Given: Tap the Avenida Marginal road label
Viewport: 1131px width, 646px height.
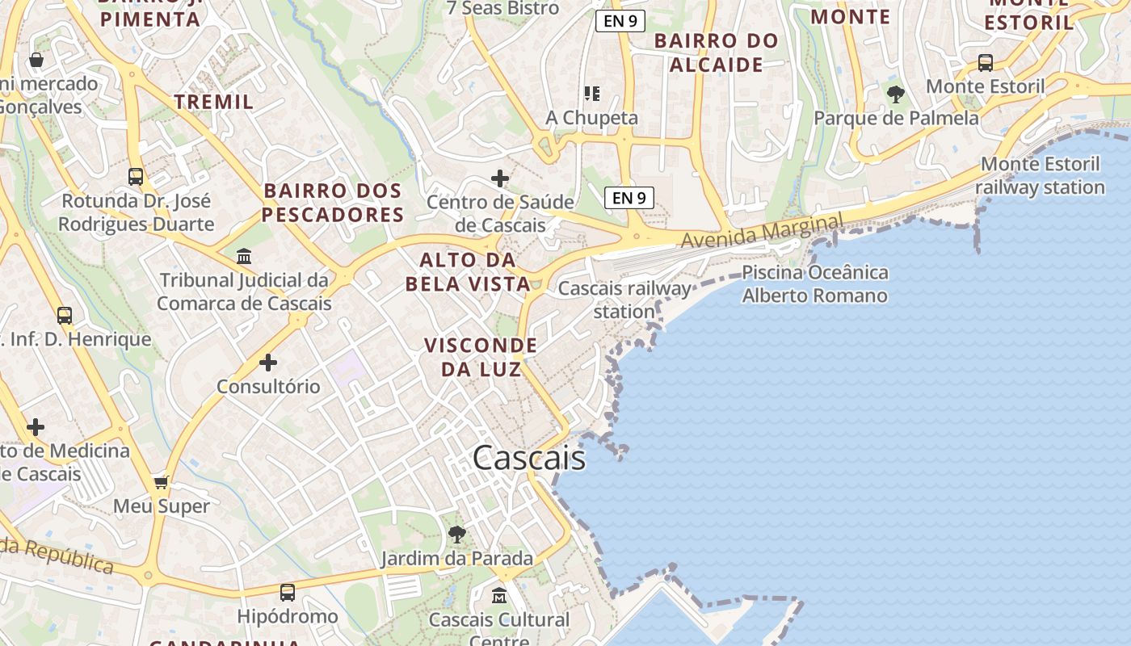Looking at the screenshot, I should pos(762,230).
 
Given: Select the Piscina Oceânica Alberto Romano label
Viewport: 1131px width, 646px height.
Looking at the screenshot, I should pos(814,283).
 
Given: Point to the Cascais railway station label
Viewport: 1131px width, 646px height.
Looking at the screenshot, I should pos(624,300).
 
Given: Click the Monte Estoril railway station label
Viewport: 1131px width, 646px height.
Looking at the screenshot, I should pos(1040,176).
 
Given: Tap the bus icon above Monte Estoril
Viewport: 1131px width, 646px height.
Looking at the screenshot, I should pos(985,62).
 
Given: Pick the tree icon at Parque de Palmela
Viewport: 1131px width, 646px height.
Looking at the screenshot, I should pos(895,94).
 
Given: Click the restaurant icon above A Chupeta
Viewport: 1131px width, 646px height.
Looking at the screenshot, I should pos(592,94).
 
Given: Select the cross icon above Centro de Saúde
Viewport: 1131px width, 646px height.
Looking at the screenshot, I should pos(500,178).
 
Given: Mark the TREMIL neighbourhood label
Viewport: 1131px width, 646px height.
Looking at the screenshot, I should pos(214,102).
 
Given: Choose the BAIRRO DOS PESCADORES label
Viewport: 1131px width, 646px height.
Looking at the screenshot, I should pos(332,203).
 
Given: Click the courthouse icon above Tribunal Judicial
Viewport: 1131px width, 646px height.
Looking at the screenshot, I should pos(243,257).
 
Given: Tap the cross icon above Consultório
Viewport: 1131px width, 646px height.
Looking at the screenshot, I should pos(268,363).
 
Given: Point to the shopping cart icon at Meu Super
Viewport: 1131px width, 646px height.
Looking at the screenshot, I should pos(162,482).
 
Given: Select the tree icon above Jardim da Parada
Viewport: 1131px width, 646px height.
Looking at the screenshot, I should pos(457,534).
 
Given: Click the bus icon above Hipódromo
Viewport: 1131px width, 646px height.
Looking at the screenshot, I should pos(287,593).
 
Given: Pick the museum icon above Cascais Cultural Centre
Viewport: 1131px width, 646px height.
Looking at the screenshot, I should pos(499,596).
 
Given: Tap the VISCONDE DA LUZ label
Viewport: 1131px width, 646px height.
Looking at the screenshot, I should pos(481,357).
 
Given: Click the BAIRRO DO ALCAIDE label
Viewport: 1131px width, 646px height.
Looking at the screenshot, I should pos(717,52).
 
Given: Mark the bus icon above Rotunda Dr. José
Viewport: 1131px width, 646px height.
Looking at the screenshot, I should pos(136,176).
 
